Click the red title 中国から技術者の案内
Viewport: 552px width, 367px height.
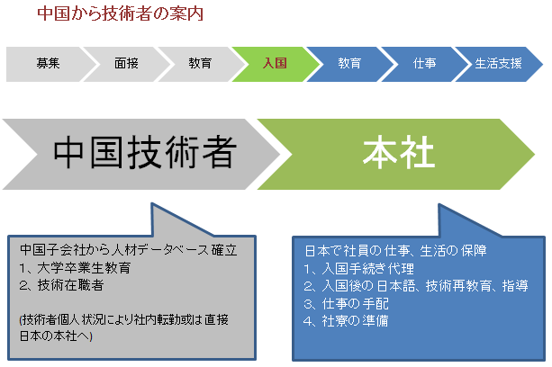(x=121, y=13)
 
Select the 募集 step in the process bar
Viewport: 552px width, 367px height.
(x=49, y=64)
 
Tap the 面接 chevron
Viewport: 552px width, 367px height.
(x=126, y=64)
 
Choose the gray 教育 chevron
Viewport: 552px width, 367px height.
(x=200, y=64)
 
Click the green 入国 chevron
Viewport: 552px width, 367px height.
(x=275, y=64)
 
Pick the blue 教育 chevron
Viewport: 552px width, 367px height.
(x=349, y=64)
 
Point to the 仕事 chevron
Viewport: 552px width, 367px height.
(x=424, y=64)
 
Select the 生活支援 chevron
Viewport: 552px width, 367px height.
(x=498, y=64)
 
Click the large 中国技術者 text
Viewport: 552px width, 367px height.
(x=145, y=152)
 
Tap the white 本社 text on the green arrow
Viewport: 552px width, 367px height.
(x=399, y=152)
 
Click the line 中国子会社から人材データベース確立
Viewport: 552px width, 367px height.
(x=129, y=250)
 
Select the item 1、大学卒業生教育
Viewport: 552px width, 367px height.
(x=75, y=268)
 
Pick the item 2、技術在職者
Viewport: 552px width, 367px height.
(x=61, y=285)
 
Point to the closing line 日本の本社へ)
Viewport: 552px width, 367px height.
(x=56, y=336)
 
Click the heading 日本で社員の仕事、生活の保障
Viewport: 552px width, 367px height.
(x=395, y=251)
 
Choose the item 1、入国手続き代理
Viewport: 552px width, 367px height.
(x=358, y=269)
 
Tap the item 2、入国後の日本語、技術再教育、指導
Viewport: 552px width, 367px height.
(x=416, y=286)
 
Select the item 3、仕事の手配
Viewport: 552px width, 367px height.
(x=346, y=303)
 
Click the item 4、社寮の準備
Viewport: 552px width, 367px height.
(x=346, y=320)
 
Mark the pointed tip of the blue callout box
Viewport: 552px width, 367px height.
(x=439, y=204)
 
